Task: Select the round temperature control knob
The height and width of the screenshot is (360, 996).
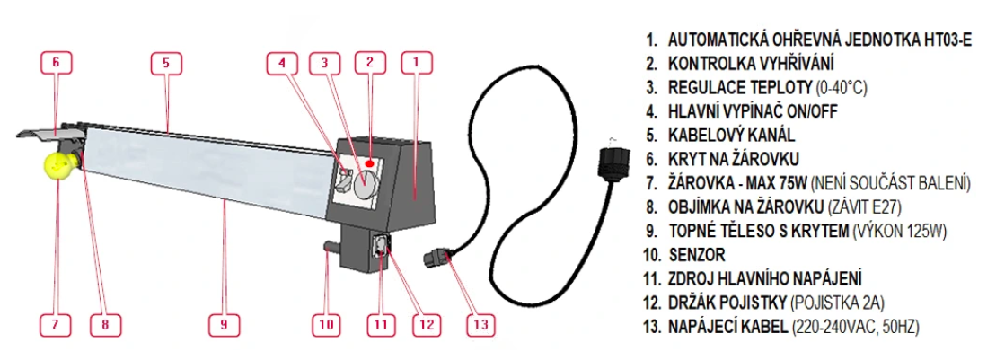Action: [x=364, y=184]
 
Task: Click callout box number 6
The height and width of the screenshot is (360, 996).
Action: [x=56, y=62]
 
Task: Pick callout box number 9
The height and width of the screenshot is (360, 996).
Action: [x=225, y=324]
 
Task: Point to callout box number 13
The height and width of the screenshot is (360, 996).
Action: [x=480, y=324]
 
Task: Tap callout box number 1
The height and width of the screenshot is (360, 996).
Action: [x=416, y=62]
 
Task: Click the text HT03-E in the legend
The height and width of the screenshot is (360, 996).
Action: [x=945, y=40]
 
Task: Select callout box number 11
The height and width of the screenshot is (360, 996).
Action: [x=381, y=324]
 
